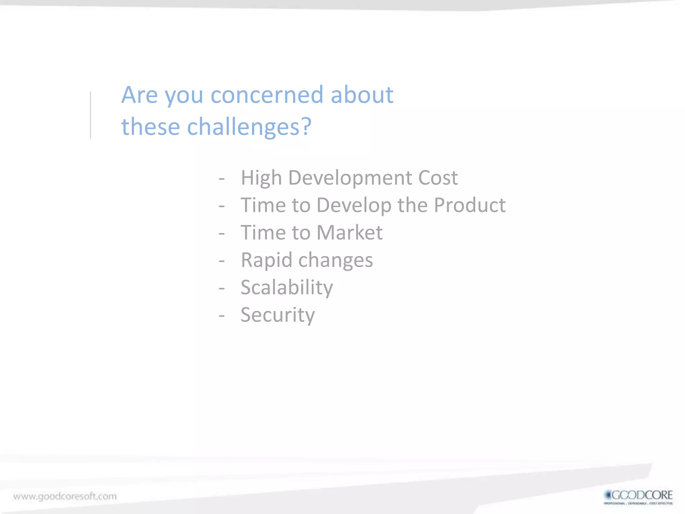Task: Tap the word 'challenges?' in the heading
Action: (249, 127)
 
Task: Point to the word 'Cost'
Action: (437, 178)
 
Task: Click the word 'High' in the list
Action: (261, 178)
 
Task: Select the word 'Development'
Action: (350, 178)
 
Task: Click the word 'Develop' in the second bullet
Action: (354, 206)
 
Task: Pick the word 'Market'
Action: (349, 233)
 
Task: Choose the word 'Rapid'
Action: (267, 260)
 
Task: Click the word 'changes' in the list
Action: (335, 260)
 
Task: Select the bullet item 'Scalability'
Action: (287, 288)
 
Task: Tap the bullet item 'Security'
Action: (278, 315)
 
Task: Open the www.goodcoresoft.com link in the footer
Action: (65, 496)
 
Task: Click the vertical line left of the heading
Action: (90, 115)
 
